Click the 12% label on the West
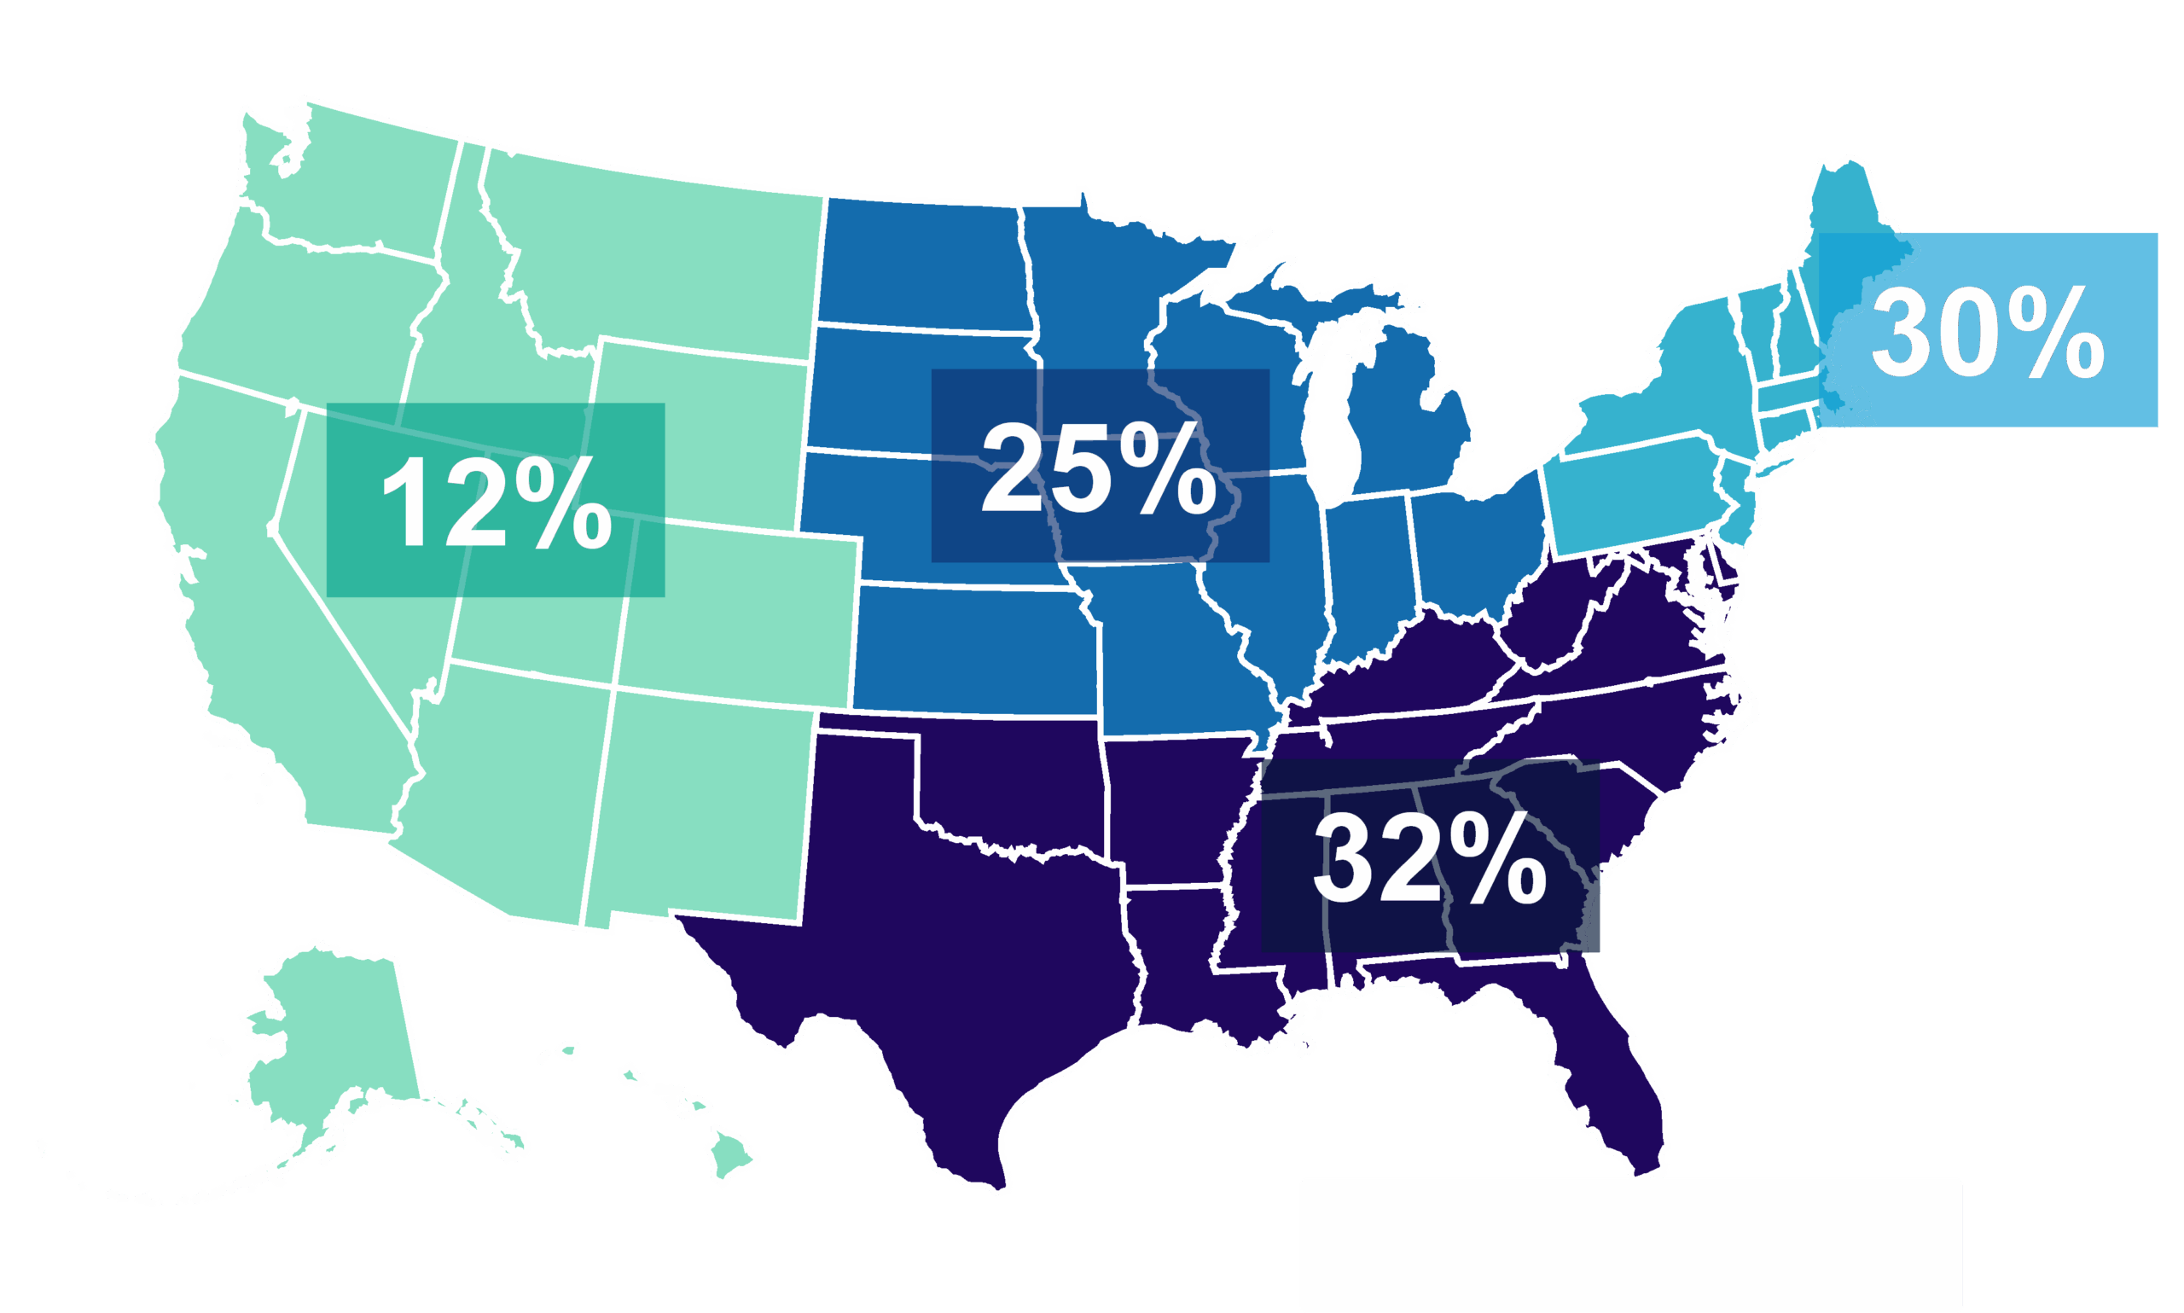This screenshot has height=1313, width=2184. tap(496, 501)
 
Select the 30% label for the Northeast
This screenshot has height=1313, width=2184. tap(1987, 330)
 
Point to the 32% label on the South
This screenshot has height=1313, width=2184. tap(1430, 857)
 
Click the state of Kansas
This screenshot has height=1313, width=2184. tap(973, 650)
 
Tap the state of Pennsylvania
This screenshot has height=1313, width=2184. tap(1632, 496)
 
